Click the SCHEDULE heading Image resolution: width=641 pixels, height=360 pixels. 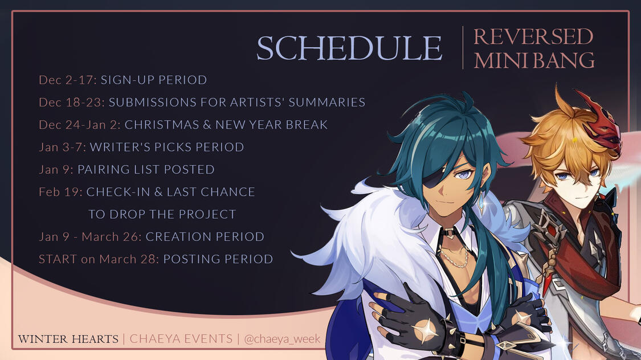(x=349, y=48)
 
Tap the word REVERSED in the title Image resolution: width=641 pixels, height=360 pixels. (x=533, y=37)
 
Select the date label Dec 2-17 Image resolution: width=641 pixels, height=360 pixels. (x=68, y=80)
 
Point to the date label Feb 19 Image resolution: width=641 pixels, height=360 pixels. (x=60, y=191)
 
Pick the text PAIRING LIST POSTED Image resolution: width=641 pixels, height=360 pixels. (x=146, y=169)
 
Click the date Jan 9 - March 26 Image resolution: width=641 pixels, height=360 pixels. (x=90, y=236)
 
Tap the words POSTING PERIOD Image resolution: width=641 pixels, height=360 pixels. (x=218, y=259)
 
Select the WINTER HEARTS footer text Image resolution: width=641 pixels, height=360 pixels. (x=68, y=339)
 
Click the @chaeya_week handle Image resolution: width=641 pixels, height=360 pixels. (x=282, y=339)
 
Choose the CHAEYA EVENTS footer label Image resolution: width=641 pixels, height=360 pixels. (x=181, y=339)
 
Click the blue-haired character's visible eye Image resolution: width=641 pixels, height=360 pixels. (x=464, y=174)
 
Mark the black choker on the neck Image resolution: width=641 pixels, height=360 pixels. (x=450, y=234)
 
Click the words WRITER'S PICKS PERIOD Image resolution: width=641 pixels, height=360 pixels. (x=167, y=147)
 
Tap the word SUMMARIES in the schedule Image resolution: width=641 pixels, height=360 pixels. (x=326, y=102)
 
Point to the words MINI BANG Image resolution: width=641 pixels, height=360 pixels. (x=534, y=60)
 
